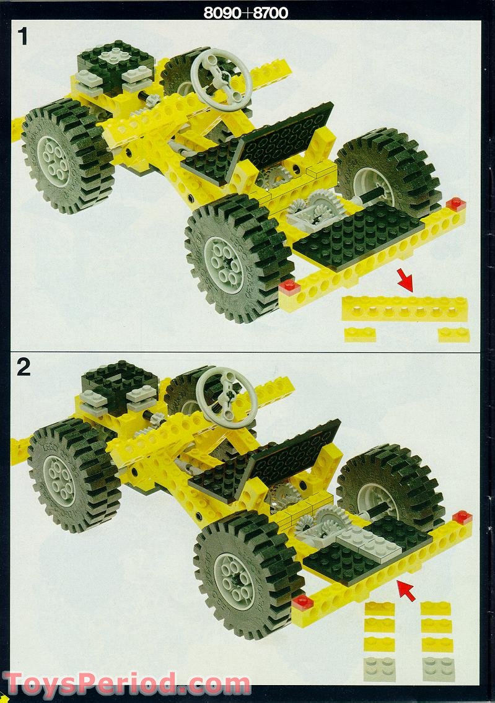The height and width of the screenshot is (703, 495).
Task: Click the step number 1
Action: [23, 37]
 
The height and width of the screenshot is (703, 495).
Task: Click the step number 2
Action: [24, 367]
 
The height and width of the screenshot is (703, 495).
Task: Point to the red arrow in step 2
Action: [406, 590]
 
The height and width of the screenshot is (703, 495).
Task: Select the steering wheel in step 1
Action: [221, 79]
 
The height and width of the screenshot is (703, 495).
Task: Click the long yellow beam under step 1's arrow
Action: [405, 308]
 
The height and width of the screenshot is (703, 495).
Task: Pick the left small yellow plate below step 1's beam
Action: [360, 334]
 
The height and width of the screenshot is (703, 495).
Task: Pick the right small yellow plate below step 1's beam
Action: [453, 334]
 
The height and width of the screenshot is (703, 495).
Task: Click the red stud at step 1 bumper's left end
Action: [289, 286]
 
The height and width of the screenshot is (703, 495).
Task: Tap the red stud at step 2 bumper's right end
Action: [462, 517]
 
